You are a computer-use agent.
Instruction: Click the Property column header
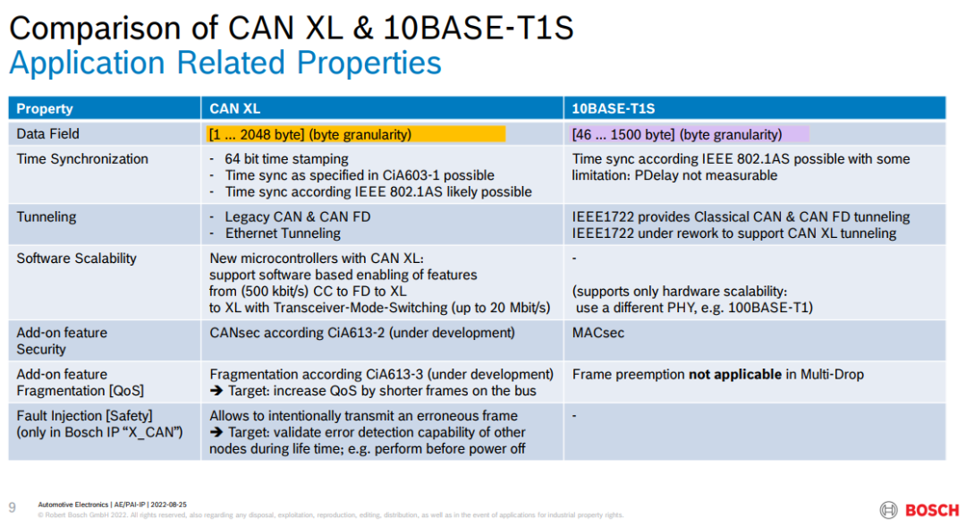pos(45,109)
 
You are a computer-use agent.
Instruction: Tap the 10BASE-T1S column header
pos(613,109)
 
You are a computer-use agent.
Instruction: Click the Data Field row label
pos(47,134)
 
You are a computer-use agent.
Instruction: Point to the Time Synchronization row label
pos(82,159)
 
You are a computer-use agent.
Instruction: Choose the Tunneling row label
pos(47,217)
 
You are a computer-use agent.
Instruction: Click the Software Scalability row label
pos(76,259)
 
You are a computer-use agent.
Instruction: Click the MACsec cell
pos(597,333)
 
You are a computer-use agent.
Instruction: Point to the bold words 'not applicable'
pos(735,375)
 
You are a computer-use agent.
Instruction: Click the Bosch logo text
pos(932,511)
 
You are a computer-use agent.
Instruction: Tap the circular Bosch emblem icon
pos(888,510)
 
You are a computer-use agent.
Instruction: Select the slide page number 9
pos(13,507)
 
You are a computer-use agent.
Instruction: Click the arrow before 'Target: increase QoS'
pos(216,391)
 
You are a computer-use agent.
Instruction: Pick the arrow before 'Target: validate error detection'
pos(216,432)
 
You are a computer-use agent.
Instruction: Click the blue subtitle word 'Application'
pos(87,63)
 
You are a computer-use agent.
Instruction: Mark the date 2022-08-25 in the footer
pos(168,505)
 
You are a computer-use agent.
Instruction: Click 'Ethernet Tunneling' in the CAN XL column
pos(283,233)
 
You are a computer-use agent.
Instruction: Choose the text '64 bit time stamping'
pos(286,159)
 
